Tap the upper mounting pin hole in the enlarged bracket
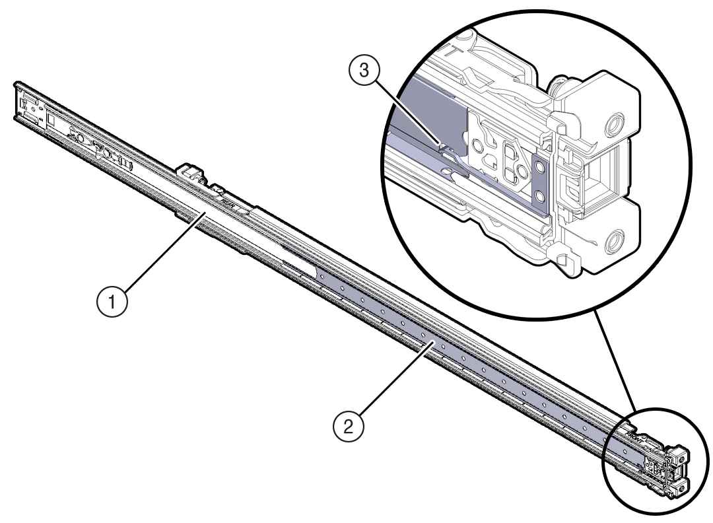click(x=616, y=124)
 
